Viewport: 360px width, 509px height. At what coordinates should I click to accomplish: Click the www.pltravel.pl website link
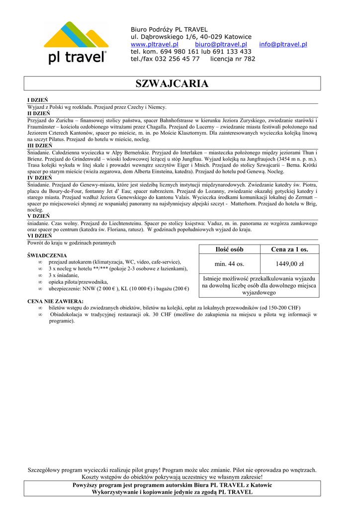pos(154,44)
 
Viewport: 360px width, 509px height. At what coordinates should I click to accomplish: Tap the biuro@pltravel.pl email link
pos(221,44)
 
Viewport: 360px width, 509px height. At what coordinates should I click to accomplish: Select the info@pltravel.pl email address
pos(283,44)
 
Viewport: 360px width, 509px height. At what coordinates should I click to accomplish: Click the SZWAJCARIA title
pos(172,84)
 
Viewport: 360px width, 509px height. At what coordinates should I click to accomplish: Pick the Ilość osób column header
pos(229,249)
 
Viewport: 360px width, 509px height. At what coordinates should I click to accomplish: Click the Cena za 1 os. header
pos(289,249)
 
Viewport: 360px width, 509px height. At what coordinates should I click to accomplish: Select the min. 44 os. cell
pos(229,264)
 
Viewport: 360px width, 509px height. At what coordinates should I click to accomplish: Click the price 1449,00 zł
pos(289,264)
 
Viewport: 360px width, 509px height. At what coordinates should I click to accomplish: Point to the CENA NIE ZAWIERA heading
pos(55,301)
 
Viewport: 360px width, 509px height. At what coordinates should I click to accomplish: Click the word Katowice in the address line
pos(238,37)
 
